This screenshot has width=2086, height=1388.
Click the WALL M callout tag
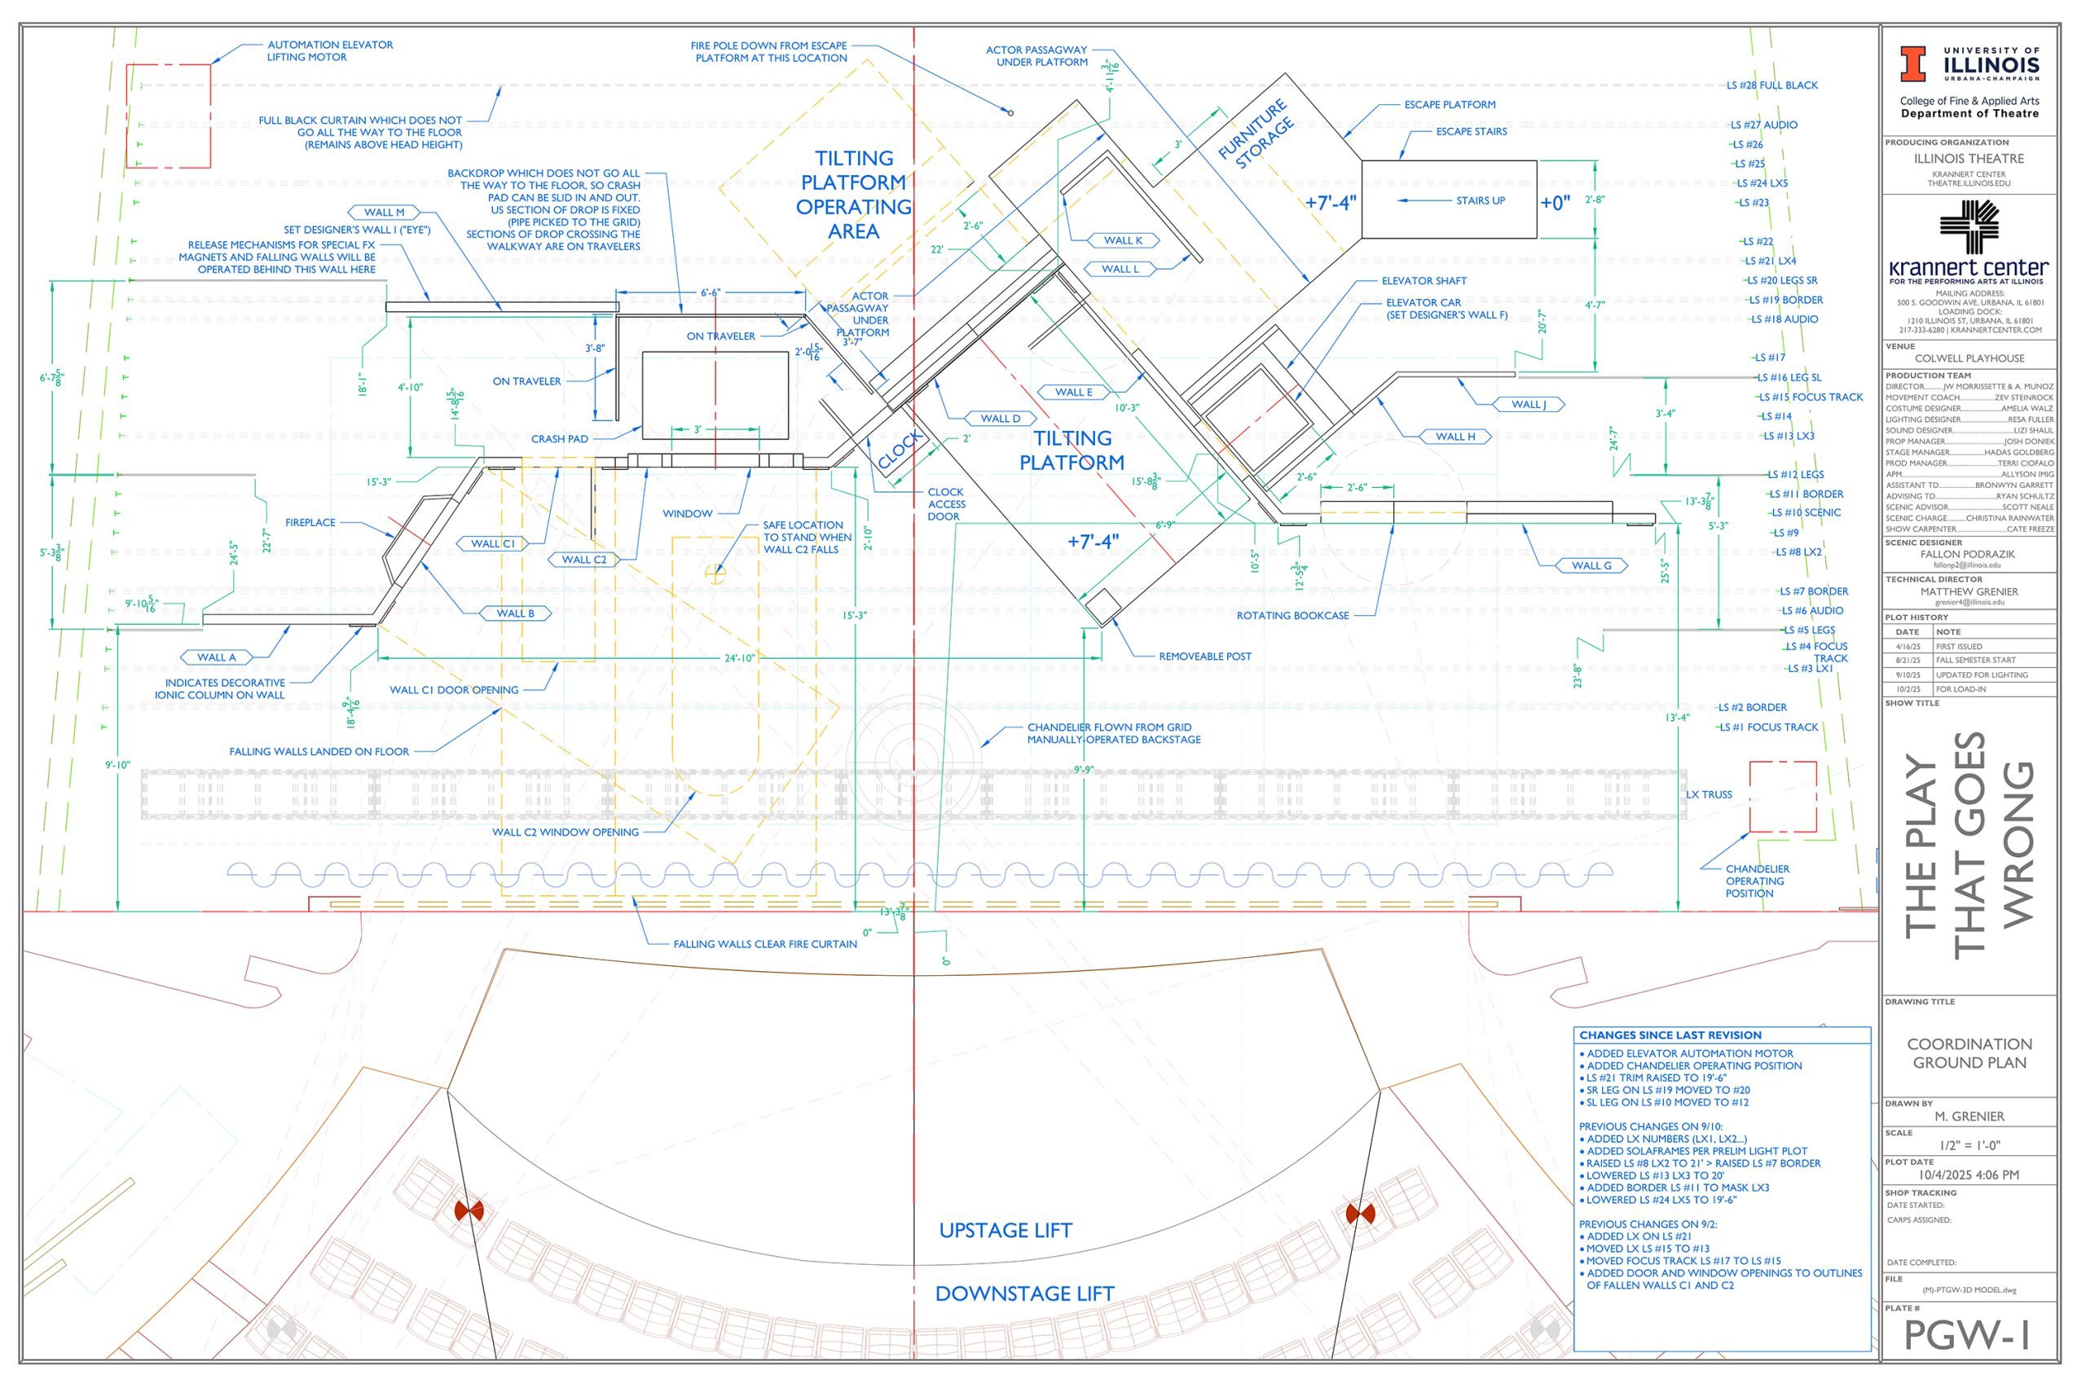385,213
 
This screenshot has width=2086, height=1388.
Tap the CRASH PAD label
560,439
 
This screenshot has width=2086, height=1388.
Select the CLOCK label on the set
900,450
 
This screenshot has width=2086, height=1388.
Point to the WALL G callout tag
1591,565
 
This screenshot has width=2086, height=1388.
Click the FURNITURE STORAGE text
1256,135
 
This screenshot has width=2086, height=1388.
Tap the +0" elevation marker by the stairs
1555,203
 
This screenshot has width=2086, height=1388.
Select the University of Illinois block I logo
1912,64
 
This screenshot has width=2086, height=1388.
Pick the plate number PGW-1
1967,1336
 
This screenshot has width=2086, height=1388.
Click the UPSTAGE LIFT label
1005,1231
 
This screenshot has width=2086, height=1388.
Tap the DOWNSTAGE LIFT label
1024,1294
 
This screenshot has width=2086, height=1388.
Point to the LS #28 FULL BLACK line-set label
1771,86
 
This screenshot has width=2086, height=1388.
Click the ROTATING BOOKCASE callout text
1292,616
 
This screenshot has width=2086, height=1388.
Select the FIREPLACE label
310,523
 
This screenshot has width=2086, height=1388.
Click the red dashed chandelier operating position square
1782,797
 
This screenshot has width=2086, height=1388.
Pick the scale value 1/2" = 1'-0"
1969,1145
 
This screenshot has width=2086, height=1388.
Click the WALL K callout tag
1122,241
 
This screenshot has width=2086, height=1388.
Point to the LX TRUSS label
1709,795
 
